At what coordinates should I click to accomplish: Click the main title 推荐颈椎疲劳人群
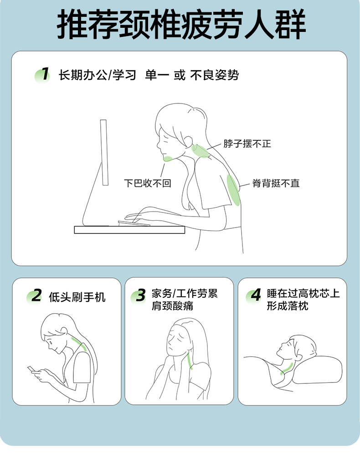[x=181, y=24]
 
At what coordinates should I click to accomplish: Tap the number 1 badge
[x=42, y=75]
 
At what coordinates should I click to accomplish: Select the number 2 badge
[x=35, y=296]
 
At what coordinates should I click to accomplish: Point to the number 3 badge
[x=139, y=296]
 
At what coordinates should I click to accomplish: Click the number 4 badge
[x=254, y=295]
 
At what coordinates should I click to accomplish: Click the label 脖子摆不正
[x=247, y=144]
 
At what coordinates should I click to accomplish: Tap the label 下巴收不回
[x=148, y=183]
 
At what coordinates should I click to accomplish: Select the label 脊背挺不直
[x=276, y=183]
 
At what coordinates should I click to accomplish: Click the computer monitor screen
[x=104, y=152]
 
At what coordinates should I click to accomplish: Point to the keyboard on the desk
[x=134, y=223]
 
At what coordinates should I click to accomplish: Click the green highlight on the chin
[x=168, y=159]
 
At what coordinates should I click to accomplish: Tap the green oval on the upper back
[x=234, y=190]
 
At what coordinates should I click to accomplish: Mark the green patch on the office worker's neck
[x=200, y=151]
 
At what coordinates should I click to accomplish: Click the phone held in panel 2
[x=31, y=369]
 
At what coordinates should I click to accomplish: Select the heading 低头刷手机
[x=77, y=297]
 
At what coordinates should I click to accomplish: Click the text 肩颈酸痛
[x=172, y=306]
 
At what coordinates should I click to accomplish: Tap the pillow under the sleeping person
[x=317, y=370]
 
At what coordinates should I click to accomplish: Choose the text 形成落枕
[x=288, y=306]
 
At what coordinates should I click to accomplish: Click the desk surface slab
[x=129, y=230]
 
